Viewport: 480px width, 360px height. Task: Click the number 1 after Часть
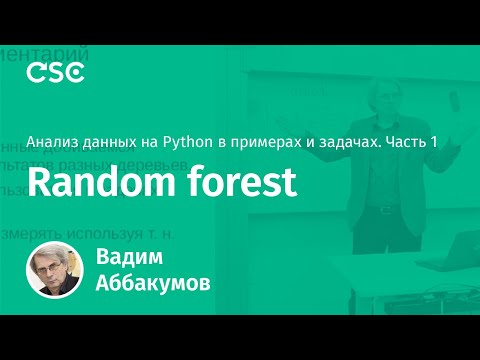click(x=433, y=142)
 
